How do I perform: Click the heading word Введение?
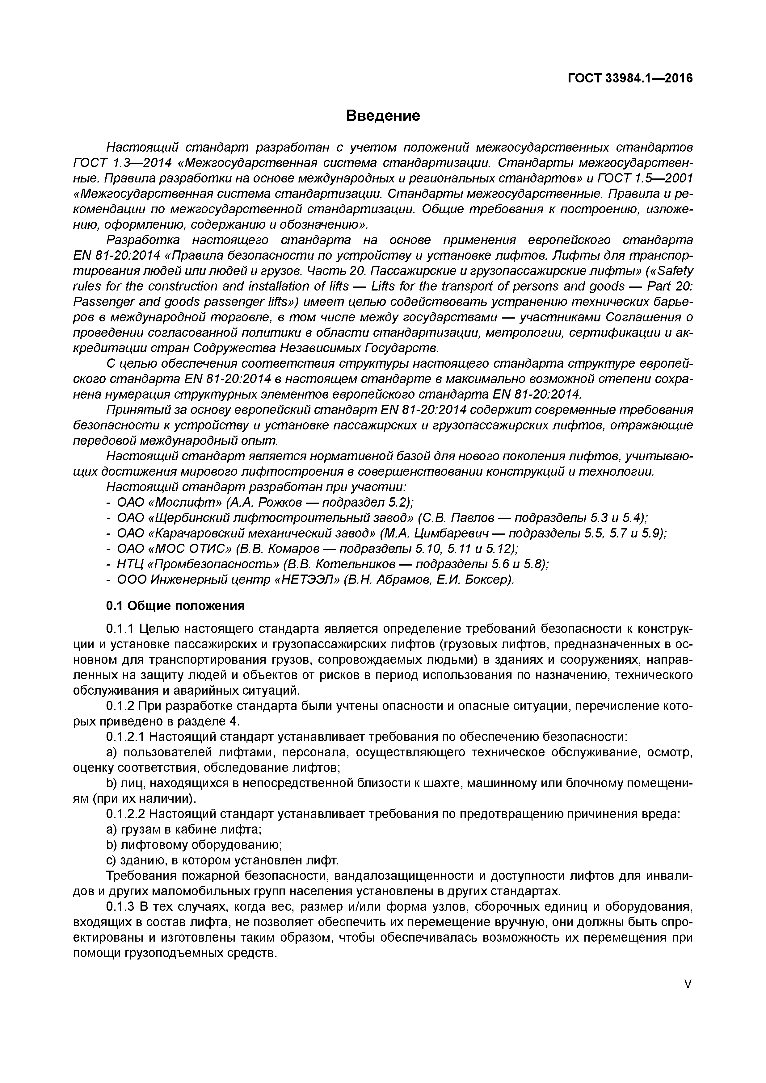click(382, 115)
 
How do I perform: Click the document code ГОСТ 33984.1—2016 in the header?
click(630, 78)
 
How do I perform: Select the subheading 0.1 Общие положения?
click(175, 606)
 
